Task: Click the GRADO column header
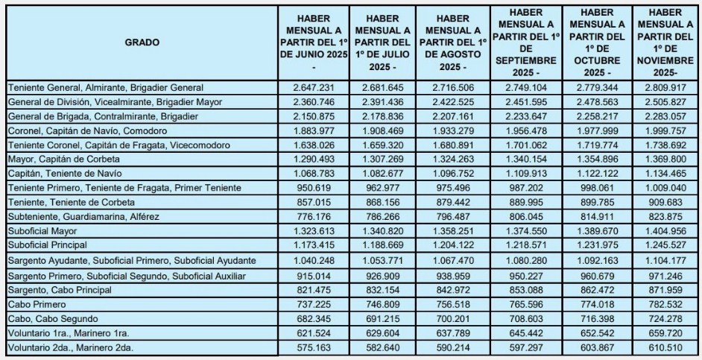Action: pos(142,42)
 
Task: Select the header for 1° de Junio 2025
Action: pos(312,43)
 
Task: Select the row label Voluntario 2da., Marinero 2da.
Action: pos(66,347)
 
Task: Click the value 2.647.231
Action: pos(312,88)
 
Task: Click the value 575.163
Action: pos(312,347)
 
